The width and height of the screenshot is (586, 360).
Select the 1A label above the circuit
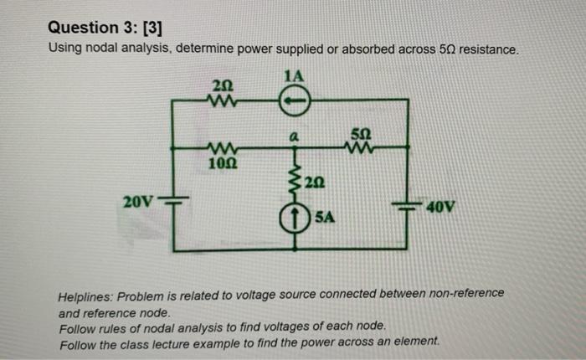[x=293, y=77]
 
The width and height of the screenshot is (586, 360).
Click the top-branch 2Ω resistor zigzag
[x=224, y=100]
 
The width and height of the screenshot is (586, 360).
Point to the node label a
[x=294, y=135]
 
